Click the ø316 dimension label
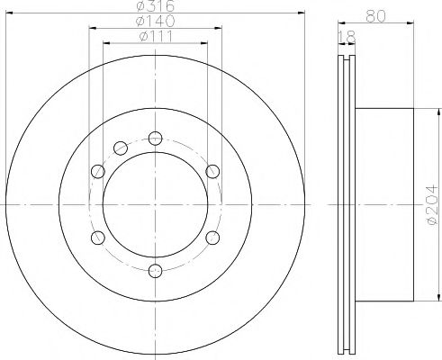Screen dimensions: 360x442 pyautogui.click(x=154, y=7)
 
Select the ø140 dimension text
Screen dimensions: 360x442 pyautogui.click(x=154, y=21)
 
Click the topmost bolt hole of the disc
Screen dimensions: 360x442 pyautogui.click(x=155, y=138)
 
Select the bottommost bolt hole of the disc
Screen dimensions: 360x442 pyautogui.click(x=155, y=271)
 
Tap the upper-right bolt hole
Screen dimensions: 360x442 pyautogui.click(x=212, y=171)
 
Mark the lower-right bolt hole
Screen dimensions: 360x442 pyautogui.click(x=212, y=238)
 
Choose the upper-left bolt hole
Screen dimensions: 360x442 pyautogui.click(x=97, y=171)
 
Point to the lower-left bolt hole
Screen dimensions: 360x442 pyautogui.click(x=97, y=238)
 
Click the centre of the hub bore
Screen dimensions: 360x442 pyautogui.click(x=155, y=204)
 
